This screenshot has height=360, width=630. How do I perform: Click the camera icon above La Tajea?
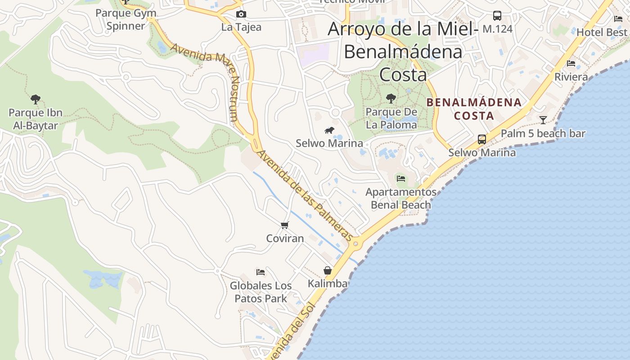[x=241, y=14]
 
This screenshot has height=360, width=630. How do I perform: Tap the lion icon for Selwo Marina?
[x=329, y=130]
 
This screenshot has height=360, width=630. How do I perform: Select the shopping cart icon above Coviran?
[x=284, y=225]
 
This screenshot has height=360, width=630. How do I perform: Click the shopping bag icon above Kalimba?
[x=328, y=270]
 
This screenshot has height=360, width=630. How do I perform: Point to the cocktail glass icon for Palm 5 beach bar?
[x=543, y=120]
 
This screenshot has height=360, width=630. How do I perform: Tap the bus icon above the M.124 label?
[x=497, y=16]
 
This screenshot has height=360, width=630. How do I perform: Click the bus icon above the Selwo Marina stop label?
[x=482, y=139]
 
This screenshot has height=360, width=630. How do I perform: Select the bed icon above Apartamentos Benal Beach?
[x=401, y=179]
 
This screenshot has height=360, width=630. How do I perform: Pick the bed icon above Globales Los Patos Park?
[x=261, y=272]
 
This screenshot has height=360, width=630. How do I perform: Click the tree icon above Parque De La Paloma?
[x=391, y=98]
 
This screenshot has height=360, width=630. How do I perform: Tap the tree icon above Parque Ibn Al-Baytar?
[x=35, y=99]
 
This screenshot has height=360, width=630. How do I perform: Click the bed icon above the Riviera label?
[x=571, y=63]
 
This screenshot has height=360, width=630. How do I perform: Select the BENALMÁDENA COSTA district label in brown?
[x=474, y=109]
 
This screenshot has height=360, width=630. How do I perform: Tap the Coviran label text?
[x=285, y=238]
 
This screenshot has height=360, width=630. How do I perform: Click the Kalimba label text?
[x=328, y=283]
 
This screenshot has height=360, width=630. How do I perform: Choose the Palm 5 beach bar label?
[x=543, y=134]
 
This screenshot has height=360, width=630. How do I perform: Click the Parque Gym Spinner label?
[x=126, y=19]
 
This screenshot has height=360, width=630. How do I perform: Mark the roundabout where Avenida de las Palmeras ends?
[x=355, y=244]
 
